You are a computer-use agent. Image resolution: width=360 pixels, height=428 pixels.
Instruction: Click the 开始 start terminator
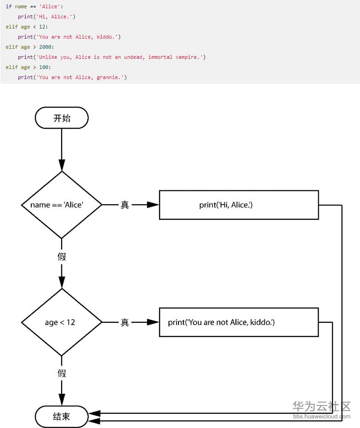click(62, 118)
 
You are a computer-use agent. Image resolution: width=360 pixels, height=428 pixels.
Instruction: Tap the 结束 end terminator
click(62, 417)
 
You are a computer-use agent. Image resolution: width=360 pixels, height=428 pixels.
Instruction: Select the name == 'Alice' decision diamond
click(62, 205)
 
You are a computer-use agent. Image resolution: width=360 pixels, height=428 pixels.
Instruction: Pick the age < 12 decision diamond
click(62, 322)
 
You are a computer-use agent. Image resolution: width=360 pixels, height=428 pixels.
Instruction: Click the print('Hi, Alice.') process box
click(239, 205)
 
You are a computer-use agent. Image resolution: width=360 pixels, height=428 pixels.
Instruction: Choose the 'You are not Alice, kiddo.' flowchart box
click(239, 322)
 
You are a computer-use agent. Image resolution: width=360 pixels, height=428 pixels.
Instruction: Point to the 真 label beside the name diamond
click(125, 205)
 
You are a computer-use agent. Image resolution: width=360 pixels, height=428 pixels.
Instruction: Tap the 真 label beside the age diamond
click(125, 322)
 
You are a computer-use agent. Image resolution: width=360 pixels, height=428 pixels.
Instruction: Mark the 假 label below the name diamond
click(62, 257)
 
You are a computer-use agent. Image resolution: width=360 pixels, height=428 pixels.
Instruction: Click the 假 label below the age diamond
click(62, 373)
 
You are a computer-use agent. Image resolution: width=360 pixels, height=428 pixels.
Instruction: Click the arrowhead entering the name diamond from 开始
click(62, 165)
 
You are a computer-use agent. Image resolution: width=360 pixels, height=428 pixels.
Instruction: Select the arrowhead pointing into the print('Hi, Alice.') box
click(153, 205)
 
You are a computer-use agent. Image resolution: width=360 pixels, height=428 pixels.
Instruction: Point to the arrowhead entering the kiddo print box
click(153, 322)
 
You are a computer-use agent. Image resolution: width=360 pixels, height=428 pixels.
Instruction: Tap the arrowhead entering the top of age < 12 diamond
click(62, 282)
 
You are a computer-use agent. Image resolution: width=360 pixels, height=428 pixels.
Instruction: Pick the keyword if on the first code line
click(8, 6)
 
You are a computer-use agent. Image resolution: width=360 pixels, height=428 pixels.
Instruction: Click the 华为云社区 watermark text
click(321, 406)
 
